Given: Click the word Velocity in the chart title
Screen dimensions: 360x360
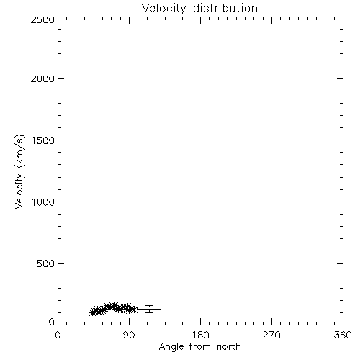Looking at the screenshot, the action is point(163,9).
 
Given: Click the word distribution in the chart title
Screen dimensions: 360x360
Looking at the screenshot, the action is point(225,8).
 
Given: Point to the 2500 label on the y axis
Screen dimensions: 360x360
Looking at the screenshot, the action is point(42,19).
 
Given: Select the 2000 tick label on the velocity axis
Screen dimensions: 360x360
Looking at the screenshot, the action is point(42,78).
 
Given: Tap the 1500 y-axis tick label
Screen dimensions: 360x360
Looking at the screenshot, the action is point(43,140).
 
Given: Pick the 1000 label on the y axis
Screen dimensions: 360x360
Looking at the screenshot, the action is point(43,202).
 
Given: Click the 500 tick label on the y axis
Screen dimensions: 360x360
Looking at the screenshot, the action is point(46,264).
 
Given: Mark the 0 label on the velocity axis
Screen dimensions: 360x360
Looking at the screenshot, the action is point(52,322).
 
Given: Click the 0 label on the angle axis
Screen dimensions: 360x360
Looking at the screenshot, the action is point(58,335).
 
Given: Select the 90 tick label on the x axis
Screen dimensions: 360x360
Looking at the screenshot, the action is point(129,335).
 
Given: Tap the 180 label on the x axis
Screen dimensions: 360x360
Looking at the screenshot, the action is point(200,335).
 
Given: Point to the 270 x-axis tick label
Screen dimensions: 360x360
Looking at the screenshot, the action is point(271,335).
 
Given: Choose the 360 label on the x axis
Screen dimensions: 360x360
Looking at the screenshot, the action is point(343,335).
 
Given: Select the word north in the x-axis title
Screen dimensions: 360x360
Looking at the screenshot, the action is point(229,346).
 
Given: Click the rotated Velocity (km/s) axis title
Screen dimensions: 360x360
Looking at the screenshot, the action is point(19,171).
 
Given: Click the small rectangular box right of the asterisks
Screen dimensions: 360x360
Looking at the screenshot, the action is point(149,308).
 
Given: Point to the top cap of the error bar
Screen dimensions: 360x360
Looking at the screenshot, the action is point(149,305).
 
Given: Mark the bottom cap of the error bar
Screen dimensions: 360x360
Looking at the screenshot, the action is point(149,312).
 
